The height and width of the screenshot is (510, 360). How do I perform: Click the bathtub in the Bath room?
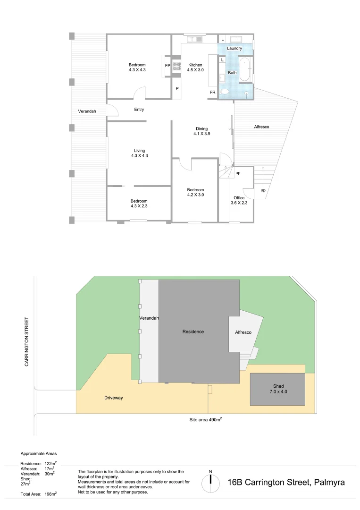[x=245, y=70]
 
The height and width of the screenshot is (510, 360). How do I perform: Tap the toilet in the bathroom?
[x=224, y=92]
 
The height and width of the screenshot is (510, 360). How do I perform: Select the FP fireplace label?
[x=167, y=66]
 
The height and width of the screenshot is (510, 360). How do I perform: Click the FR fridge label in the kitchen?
[x=213, y=93]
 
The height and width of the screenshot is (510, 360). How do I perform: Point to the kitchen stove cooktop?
[x=177, y=67]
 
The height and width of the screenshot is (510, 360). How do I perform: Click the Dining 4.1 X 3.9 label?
[x=201, y=131]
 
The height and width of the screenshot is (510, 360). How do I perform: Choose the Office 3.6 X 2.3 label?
[x=239, y=200]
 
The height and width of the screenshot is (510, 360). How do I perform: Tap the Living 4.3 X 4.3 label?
[x=139, y=153]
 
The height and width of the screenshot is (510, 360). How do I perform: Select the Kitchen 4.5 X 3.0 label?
[x=195, y=68]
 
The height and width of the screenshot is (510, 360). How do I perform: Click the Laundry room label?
[x=234, y=49]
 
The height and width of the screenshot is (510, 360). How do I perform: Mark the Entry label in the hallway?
[x=139, y=110]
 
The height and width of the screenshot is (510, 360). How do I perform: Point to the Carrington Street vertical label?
[x=27, y=341]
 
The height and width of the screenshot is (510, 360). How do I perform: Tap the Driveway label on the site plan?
[x=113, y=398]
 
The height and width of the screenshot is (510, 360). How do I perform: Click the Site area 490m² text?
[x=206, y=419]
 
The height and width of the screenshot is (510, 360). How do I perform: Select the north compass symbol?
[x=210, y=482]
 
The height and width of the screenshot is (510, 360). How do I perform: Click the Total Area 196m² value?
[x=50, y=494]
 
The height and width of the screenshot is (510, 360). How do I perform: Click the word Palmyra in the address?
[x=328, y=482]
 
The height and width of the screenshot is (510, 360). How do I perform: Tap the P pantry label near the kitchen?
[x=177, y=88]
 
